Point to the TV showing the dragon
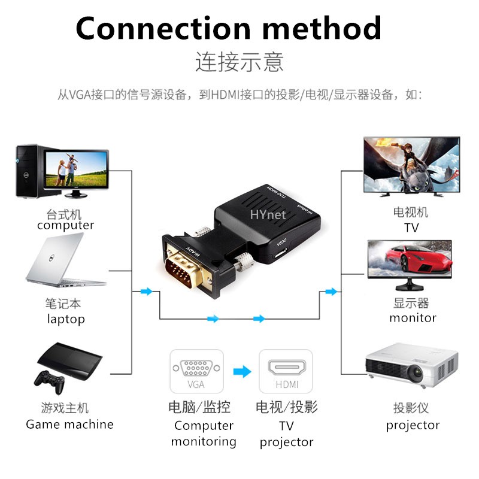tap(411, 166)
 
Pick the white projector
tap(411, 366)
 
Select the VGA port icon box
tap(196, 371)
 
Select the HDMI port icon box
tap(286, 371)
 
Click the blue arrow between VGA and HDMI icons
tap(241, 372)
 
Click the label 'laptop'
tap(66, 319)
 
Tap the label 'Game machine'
tap(69, 425)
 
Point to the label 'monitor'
tap(413, 318)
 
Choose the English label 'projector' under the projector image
tap(413, 426)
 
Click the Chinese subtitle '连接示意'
tap(239, 62)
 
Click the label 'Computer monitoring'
tap(204, 433)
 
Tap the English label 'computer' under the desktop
tap(65, 226)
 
